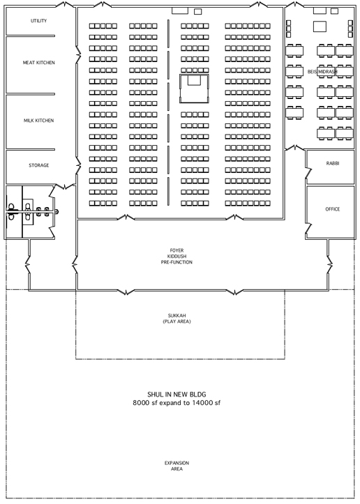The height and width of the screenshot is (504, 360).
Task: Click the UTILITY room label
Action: point(38,21)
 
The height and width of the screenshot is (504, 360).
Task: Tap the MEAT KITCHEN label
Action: point(38,63)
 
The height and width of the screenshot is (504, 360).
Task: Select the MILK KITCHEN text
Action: point(38,121)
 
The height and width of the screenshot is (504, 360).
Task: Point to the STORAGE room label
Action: point(39,165)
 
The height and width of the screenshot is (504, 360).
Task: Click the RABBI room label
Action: point(333,163)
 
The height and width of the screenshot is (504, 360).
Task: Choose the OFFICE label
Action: point(333,209)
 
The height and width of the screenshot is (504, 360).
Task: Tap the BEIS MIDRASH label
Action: point(322,72)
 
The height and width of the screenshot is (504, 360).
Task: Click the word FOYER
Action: point(177,250)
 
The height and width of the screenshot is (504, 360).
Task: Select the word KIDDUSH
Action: point(177,256)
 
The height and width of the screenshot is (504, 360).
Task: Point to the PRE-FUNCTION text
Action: point(177,262)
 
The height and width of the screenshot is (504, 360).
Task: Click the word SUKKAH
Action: point(177,316)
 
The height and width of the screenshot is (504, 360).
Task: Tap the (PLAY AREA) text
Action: point(177,321)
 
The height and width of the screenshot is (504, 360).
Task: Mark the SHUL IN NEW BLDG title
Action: point(177,395)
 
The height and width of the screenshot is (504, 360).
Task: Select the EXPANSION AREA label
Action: point(177,466)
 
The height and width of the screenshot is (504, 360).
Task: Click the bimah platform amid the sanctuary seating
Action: point(194,89)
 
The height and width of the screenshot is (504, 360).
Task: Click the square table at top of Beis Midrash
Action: point(320,26)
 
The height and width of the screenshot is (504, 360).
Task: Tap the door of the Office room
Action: point(309,229)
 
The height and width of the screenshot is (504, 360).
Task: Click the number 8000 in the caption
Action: point(141,403)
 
